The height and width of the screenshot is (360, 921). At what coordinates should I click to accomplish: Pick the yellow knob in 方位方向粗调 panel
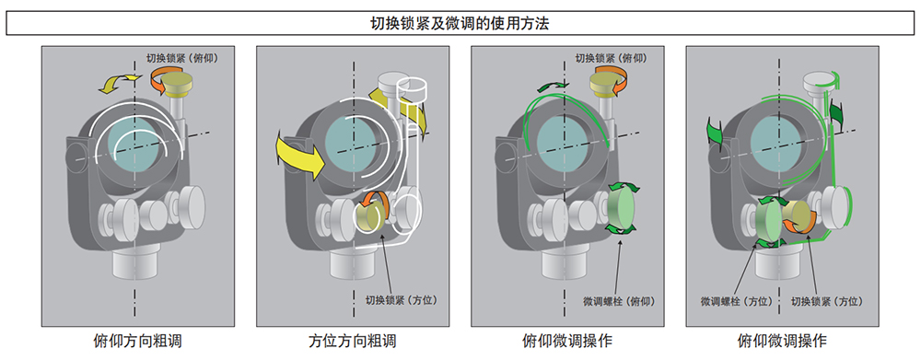pos(371,219)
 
